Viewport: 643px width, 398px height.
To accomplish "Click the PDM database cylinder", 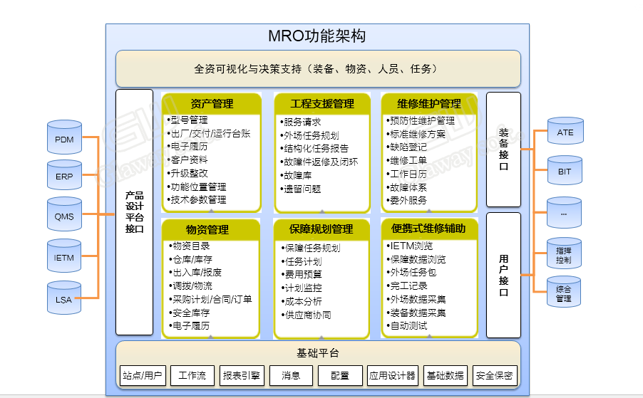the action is pyautogui.click(x=64, y=137).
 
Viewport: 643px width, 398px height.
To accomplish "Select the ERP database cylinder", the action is pyautogui.click(x=64, y=175).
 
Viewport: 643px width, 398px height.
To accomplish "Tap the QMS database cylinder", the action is pyautogui.click(x=64, y=214).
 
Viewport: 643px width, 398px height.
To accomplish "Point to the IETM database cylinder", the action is pyautogui.click(x=64, y=256).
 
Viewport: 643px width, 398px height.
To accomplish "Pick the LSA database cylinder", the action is pyautogui.click(x=64, y=298).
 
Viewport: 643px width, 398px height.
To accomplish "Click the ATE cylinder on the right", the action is pyautogui.click(x=565, y=130).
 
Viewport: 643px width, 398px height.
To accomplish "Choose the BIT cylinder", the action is pyautogui.click(x=565, y=170).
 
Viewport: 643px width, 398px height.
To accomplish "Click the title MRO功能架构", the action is pyautogui.click(x=317, y=36).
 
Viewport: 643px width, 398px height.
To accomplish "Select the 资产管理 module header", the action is pyautogui.click(x=212, y=104).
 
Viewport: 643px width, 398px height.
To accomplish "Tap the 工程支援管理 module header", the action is pyautogui.click(x=322, y=104).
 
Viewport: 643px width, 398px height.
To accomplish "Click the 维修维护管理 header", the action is pyautogui.click(x=429, y=104).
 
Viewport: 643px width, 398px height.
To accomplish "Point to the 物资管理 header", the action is pyautogui.click(x=207, y=229).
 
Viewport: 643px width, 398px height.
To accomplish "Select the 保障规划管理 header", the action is pyautogui.click(x=321, y=229).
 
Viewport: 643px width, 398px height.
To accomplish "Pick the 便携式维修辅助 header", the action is pyautogui.click(x=428, y=228).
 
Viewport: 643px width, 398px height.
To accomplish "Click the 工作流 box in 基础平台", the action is pyautogui.click(x=192, y=375).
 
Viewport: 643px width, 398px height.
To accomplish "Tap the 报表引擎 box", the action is pyautogui.click(x=242, y=375).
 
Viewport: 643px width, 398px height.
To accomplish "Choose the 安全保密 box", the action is pyautogui.click(x=495, y=375).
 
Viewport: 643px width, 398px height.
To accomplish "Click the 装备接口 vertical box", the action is pyautogui.click(x=503, y=150).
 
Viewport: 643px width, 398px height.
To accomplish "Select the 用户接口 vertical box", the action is pyautogui.click(x=503, y=275).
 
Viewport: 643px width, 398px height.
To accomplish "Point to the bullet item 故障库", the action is pyautogui.click(x=296, y=176).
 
